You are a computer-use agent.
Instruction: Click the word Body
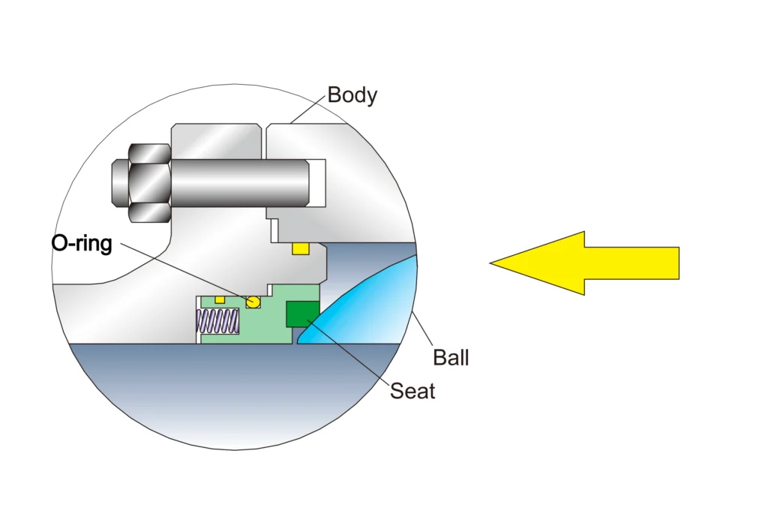(352, 95)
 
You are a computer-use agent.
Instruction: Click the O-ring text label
(81, 244)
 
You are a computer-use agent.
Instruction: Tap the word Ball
(451, 357)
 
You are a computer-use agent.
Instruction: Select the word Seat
(412, 391)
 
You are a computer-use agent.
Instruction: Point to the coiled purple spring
(217, 323)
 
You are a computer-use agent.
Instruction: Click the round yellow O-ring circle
(253, 301)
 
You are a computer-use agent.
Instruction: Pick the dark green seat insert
(302, 313)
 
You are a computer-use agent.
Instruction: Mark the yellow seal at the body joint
(301, 248)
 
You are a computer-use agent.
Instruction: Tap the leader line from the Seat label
(352, 353)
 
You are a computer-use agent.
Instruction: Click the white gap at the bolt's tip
(318, 182)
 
